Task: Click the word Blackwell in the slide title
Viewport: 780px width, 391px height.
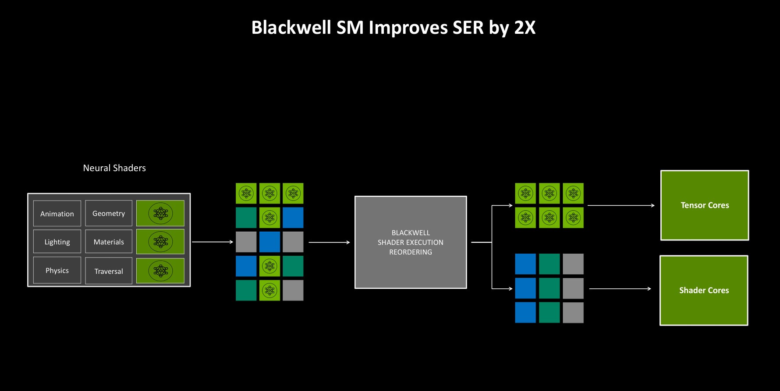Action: (x=291, y=28)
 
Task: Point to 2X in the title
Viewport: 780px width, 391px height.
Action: (x=524, y=28)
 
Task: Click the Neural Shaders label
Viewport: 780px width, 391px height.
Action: (x=114, y=168)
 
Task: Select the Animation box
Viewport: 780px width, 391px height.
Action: (x=57, y=214)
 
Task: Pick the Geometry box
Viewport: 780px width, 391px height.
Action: (x=109, y=213)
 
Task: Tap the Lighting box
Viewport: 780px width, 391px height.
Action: (x=57, y=242)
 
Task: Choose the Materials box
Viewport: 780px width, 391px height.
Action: (x=109, y=242)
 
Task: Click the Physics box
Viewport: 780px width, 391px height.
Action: (x=57, y=270)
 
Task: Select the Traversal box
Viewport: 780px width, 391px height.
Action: (x=109, y=271)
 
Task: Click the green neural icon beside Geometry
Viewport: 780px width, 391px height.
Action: (x=160, y=213)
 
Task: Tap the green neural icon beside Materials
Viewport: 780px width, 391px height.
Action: (x=160, y=241)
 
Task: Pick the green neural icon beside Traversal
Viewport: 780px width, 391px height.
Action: (x=160, y=271)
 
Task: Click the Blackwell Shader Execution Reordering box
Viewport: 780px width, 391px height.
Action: (x=411, y=242)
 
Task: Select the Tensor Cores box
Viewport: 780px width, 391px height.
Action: (x=705, y=205)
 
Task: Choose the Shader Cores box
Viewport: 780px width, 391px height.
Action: (x=704, y=291)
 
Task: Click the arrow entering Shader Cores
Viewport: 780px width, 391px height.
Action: (x=620, y=289)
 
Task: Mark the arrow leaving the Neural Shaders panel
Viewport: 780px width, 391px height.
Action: (x=213, y=242)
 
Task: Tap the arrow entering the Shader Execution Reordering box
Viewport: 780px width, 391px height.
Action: (x=329, y=242)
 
